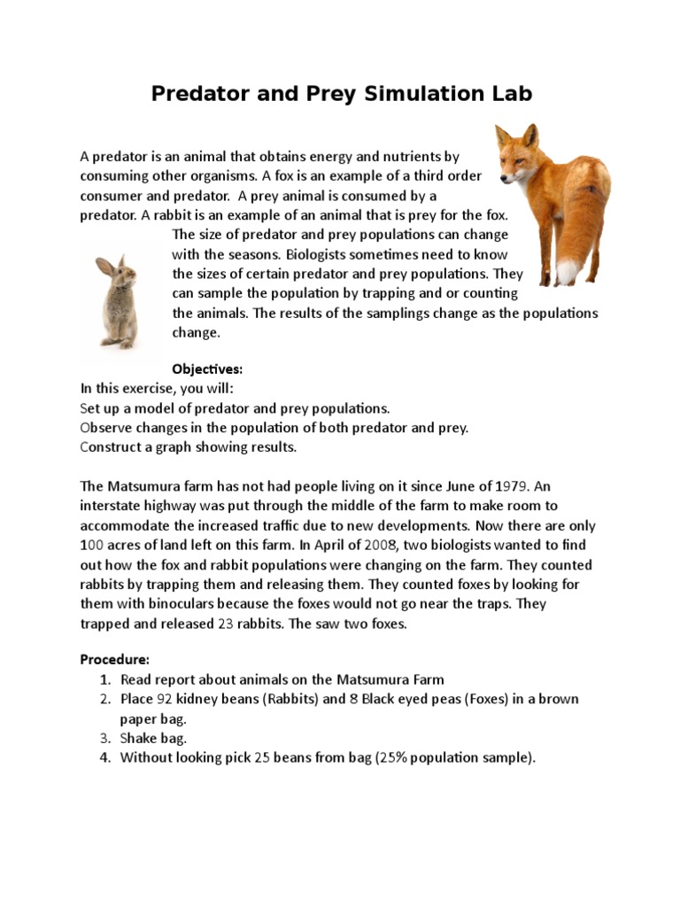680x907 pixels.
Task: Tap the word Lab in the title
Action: pyautogui.click(x=510, y=94)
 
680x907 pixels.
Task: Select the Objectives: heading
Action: pyautogui.click(x=206, y=368)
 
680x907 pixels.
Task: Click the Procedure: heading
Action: pyautogui.click(x=115, y=660)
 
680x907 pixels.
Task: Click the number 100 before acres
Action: pyautogui.click(x=93, y=545)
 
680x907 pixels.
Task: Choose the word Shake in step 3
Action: pyautogui.click(x=140, y=738)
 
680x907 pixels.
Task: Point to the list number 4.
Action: pyautogui.click(x=104, y=757)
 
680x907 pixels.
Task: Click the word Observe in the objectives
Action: pyautogui.click(x=107, y=428)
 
